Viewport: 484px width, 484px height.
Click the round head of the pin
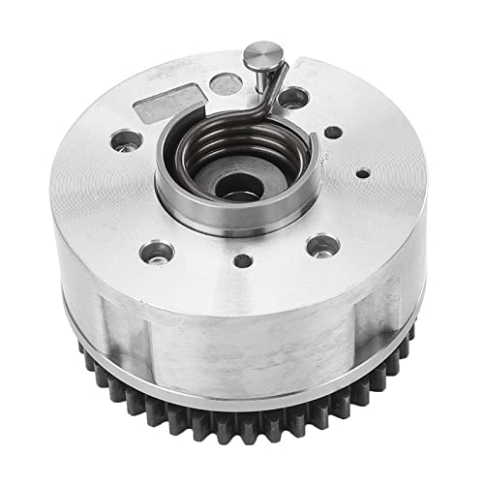[x=262, y=53]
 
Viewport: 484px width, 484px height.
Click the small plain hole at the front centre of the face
[x=243, y=259]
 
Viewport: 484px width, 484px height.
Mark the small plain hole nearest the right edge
[x=362, y=175]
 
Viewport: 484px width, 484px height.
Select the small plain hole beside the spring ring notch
[x=332, y=133]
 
